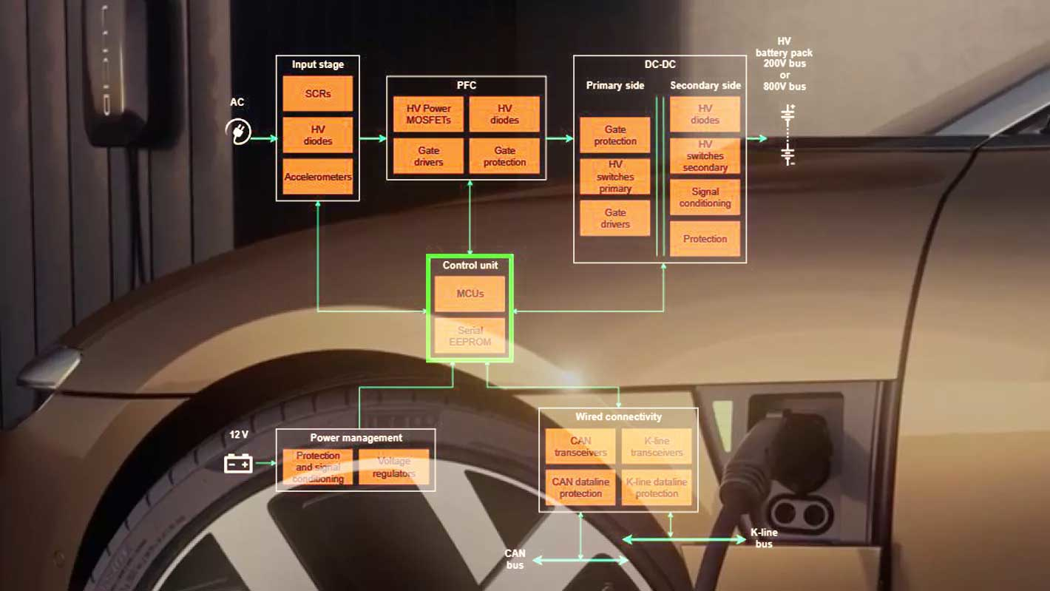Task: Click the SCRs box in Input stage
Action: point(317,94)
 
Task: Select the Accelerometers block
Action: point(317,177)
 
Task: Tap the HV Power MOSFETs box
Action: point(428,114)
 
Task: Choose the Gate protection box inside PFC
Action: point(504,156)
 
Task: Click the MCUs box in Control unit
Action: point(470,294)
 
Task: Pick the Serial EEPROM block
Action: point(470,336)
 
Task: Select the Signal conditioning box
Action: point(705,197)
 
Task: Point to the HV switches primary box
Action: point(615,177)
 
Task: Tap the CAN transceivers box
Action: point(580,447)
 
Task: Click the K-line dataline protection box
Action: point(657,487)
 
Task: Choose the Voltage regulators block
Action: point(393,467)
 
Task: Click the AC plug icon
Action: point(238,132)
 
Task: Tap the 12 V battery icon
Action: point(238,464)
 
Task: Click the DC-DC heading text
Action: point(660,64)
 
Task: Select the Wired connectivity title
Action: point(618,417)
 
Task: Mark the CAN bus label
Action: point(515,559)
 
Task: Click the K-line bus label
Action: point(764,538)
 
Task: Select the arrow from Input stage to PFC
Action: point(373,138)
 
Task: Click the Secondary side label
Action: point(705,86)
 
